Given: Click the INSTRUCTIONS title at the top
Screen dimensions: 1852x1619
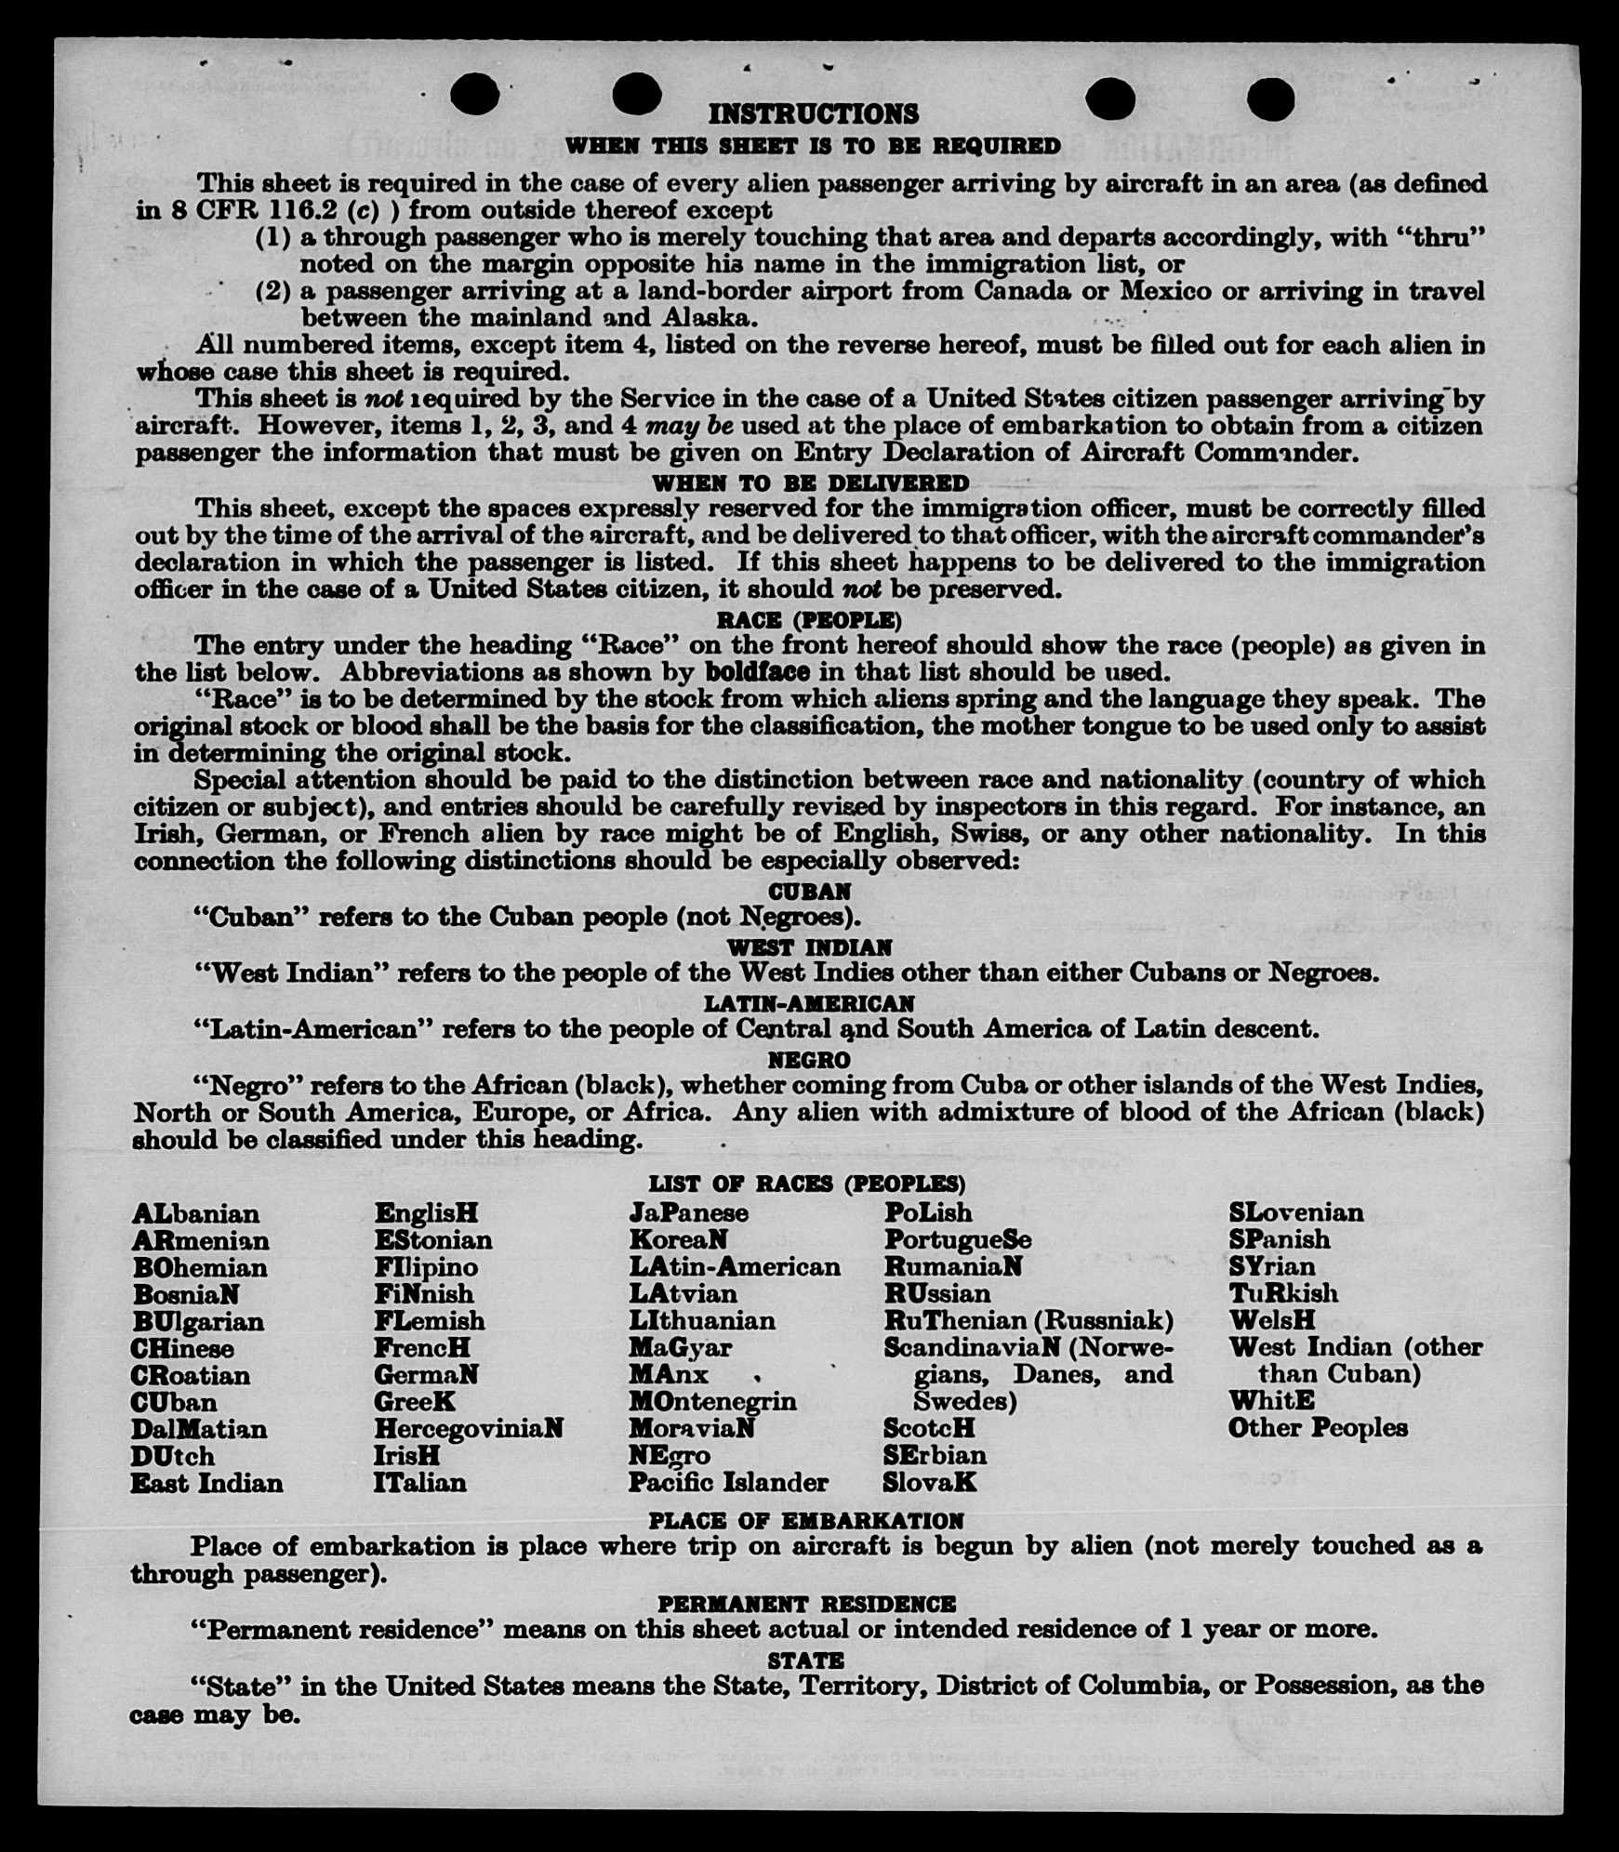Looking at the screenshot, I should [813, 114].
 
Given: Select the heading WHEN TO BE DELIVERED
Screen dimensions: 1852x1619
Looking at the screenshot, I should [810, 483].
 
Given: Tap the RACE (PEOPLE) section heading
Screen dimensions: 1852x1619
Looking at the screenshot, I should [808, 620].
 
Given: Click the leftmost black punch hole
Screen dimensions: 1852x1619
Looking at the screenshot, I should [474, 94].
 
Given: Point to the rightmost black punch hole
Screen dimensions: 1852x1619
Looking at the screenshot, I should [1270, 99].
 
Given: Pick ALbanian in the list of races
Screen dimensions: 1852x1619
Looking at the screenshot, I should [195, 1214].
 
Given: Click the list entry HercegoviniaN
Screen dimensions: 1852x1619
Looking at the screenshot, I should [469, 1428].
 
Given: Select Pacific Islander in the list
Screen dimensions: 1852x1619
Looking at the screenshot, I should [728, 1482].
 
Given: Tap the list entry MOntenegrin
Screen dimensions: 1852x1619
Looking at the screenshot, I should [712, 1401].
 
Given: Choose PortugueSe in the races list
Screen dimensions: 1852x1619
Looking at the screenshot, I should [957, 1240].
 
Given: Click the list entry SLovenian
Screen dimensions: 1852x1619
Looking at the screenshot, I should [1296, 1212].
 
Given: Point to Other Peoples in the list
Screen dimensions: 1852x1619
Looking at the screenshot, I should [1318, 1427].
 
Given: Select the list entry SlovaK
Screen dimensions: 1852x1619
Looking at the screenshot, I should [930, 1482].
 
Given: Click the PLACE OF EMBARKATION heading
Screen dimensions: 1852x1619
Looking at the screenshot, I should [806, 1521].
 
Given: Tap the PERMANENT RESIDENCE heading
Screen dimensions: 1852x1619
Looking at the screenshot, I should [806, 1604].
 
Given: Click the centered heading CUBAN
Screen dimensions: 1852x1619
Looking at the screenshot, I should [809, 892].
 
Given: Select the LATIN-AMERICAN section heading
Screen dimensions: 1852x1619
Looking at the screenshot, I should [809, 1004].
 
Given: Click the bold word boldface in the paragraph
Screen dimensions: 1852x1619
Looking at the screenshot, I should [757, 672].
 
